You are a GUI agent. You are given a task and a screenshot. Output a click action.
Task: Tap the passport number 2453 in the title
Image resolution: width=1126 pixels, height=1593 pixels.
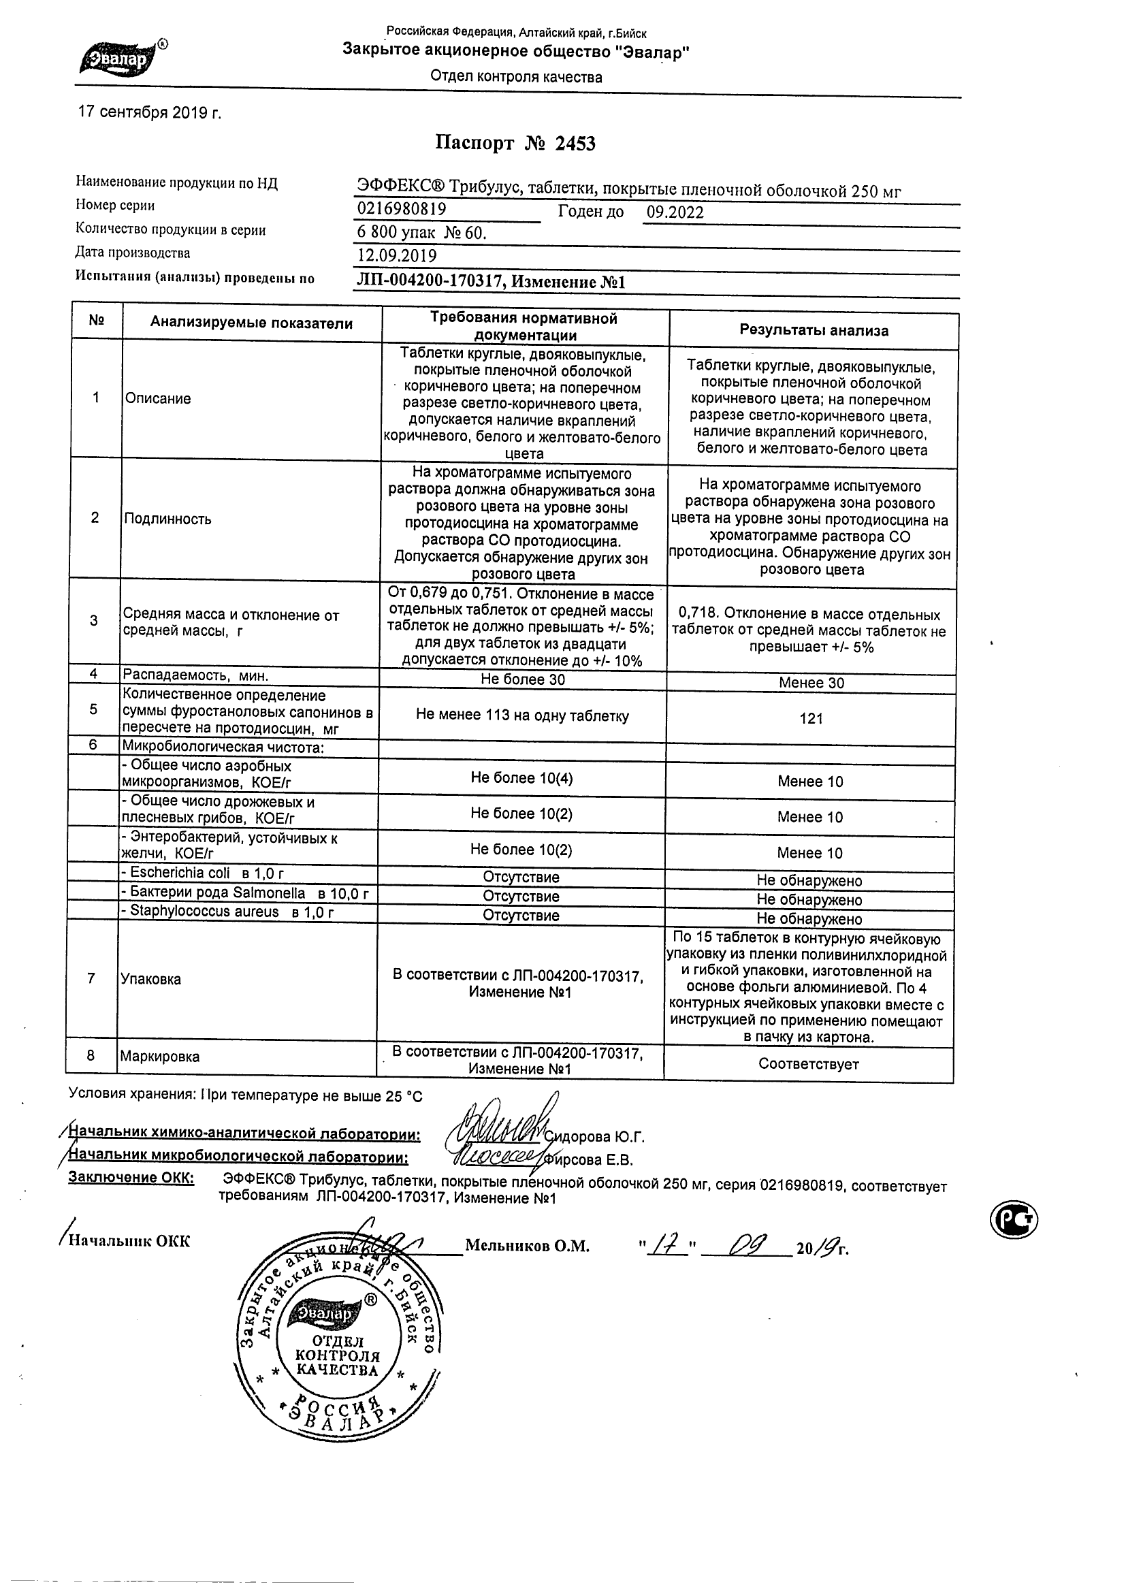click(x=575, y=144)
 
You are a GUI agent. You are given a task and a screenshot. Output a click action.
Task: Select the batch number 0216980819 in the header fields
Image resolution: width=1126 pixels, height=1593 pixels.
click(x=402, y=209)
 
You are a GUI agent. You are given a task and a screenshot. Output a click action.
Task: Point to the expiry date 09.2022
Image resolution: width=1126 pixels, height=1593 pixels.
click(x=675, y=212)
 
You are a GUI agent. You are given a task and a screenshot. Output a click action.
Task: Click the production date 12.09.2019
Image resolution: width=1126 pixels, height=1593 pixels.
click(x=397, y=256)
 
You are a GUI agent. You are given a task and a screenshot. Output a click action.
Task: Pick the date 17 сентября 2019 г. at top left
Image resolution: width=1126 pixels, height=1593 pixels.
click(x=150, y=112)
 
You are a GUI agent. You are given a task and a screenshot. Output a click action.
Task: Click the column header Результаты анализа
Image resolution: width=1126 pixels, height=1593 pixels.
click(x=813, y=331)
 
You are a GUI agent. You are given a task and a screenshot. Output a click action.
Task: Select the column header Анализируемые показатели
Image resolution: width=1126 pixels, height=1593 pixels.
click(x=251, y=323)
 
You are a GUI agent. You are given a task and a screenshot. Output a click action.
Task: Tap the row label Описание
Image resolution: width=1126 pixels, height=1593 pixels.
click(x=157, y=399)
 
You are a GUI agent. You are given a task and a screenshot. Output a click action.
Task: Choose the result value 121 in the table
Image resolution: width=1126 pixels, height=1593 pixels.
click(x=811, y=719)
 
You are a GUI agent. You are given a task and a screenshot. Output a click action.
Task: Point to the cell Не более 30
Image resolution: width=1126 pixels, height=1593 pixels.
click(x=523, y=680)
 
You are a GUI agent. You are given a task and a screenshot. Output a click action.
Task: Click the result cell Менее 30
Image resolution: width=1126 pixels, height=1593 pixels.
click(x=811, y=683)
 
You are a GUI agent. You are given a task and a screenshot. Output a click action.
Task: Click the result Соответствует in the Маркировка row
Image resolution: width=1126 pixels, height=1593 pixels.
click(x=808, y=1064)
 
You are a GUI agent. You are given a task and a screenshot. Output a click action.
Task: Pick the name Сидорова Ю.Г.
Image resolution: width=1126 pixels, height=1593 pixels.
click(x=594, y=1137)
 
